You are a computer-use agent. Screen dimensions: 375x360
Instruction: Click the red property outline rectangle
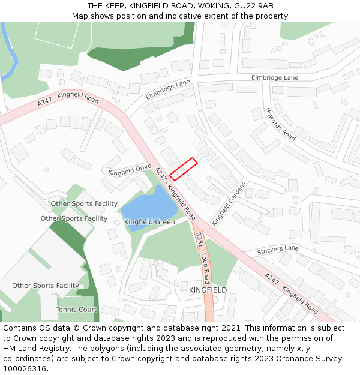pyautogui.click(x=184, y=169)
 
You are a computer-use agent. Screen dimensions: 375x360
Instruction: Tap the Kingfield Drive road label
pyautogui.click(x=130, y=170)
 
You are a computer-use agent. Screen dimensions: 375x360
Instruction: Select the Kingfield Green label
pyautogui.click(x=149, y=222)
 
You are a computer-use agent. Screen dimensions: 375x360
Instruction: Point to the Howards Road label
pyautogui.click(x=280, y=124)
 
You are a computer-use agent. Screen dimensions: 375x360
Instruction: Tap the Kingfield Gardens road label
pyautogui.click(x=229, y=203)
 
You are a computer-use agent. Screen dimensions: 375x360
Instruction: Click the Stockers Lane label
pyautogui.click(x=278, y=248)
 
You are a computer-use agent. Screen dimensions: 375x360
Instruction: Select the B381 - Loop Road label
pyautogui.click(x=202, y=259)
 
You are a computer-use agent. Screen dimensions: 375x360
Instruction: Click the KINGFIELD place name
pyautogui.click(x=208, y=290)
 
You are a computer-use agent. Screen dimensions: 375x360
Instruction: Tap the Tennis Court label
pyautogui.click(x=76, y=310)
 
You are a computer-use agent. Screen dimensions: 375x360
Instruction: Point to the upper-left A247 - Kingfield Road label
pyautogui.click(x=68, y=100)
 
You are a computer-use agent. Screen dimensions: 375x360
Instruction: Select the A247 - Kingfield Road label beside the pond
pyautogui.click(x=175, y=193)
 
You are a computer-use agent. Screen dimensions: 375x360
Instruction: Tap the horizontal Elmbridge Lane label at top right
pyautogui.click(x=274, y=78)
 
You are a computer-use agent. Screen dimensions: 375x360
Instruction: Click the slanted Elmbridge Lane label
pyautogui.click(x=167, y=90)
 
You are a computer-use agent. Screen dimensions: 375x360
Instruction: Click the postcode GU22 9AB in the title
pyautogui.click(x=255, y=5)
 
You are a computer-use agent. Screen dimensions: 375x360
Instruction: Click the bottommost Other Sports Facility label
pyautogui.click(x=46, y=286)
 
